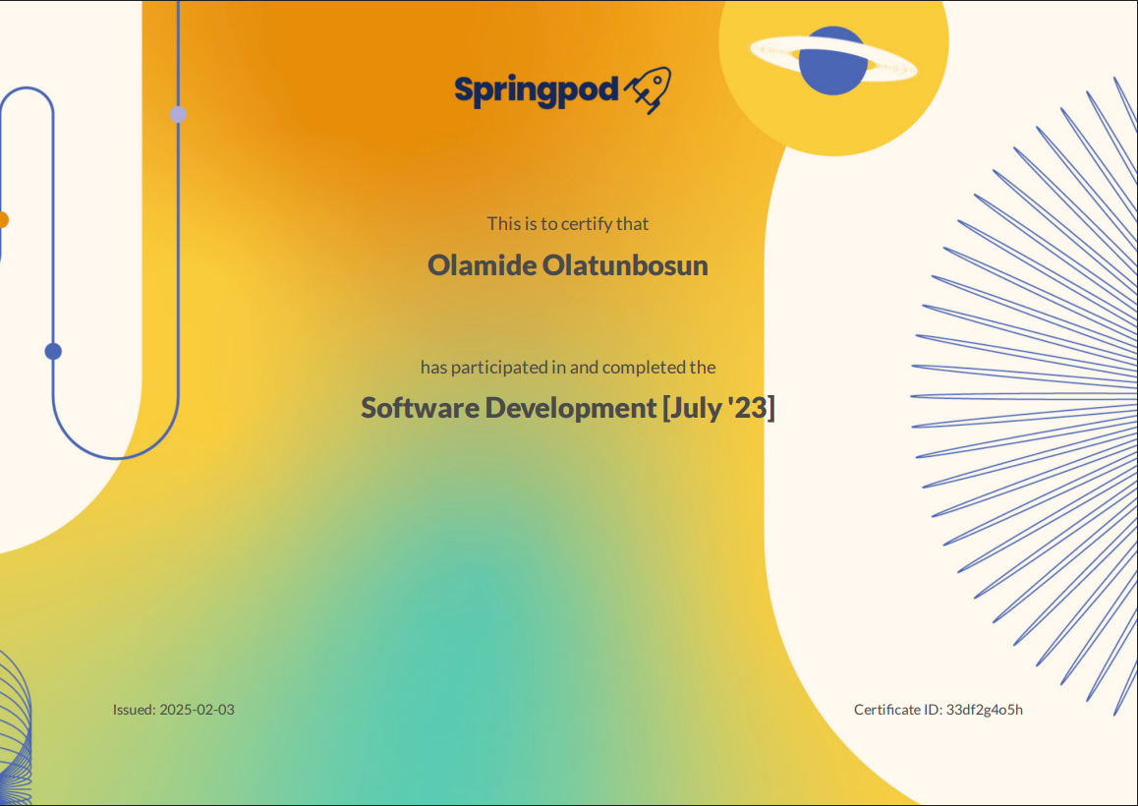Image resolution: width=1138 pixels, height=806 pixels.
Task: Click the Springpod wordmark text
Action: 537,90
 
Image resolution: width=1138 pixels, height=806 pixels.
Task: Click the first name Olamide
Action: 482,265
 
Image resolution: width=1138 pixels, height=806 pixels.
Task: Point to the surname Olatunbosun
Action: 625,265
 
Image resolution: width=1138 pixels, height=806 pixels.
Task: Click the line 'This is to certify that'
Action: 568,224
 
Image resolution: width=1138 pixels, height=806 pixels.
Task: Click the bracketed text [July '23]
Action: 718,407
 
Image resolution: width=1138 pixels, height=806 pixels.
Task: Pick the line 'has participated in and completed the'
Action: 568,368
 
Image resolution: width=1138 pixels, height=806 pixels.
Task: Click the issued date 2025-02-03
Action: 197,710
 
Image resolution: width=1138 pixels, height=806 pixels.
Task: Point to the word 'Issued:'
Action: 134,710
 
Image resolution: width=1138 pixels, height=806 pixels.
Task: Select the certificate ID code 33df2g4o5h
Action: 984,710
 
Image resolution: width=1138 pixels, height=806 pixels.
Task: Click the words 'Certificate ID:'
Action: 898,710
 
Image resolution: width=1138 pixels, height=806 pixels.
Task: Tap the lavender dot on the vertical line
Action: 178,114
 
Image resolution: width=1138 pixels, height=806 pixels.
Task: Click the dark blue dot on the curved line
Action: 53,351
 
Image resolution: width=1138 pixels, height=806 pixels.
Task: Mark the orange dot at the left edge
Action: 3,219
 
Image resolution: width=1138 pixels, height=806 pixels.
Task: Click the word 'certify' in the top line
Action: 587,224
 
